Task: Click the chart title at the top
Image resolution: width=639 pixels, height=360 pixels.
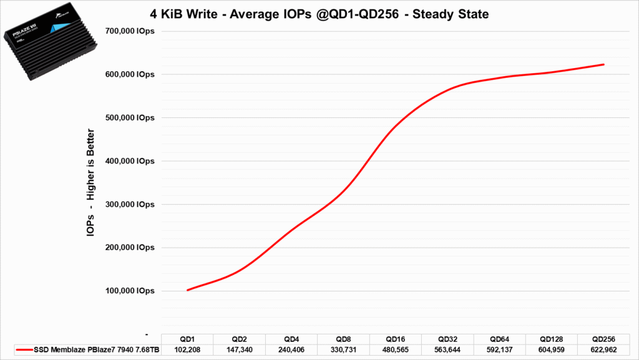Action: coord(319,13)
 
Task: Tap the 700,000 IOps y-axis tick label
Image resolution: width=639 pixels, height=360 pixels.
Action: coord(129,31)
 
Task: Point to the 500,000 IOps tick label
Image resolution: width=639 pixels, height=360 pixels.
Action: coord(129,118)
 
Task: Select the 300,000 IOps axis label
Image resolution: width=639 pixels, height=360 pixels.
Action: coord(129,205)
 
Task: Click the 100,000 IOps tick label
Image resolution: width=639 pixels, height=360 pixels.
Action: coord(129,291)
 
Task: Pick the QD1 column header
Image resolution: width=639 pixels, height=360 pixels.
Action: coord(187,339)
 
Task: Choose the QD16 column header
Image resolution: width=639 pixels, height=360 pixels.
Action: coord(396,339)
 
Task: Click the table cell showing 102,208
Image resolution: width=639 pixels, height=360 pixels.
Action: coord(187,351)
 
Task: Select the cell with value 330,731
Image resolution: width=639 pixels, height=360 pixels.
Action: coord(343,351)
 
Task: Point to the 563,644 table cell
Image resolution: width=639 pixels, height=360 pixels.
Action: coord(447,351)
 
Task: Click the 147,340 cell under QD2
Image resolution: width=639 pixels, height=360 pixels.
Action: coord(239,351)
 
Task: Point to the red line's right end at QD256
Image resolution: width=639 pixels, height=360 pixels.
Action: coord(603,64)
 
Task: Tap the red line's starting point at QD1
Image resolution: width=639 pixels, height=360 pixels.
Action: coord(188,290)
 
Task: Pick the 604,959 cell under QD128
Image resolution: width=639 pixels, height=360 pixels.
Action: coord(552,351)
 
